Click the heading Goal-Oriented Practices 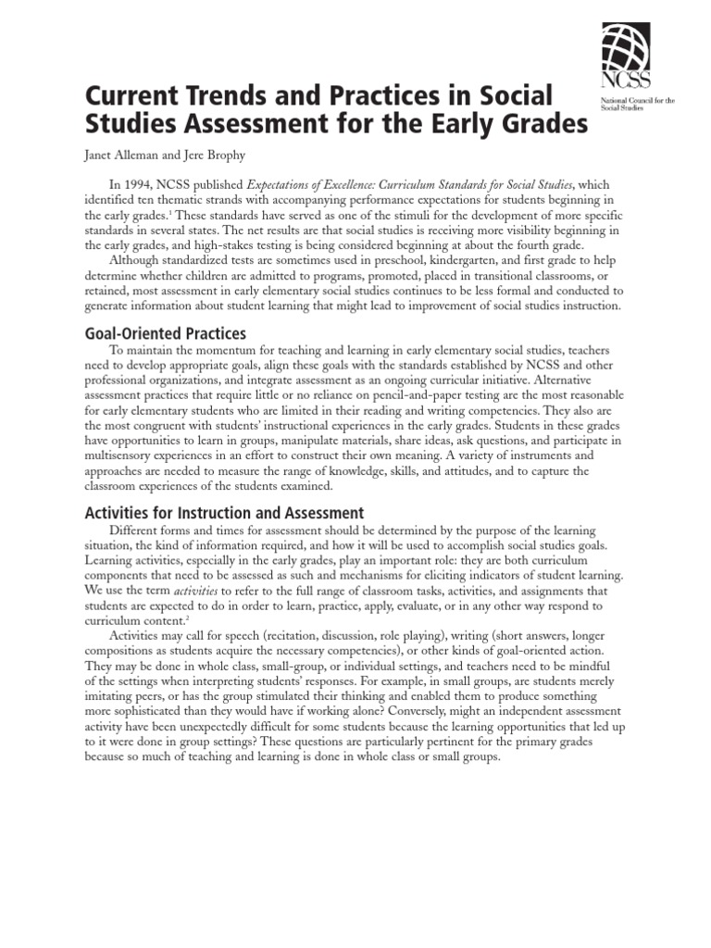[165, 332]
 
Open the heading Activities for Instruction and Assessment [225, 513]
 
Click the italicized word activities [198, 590]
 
